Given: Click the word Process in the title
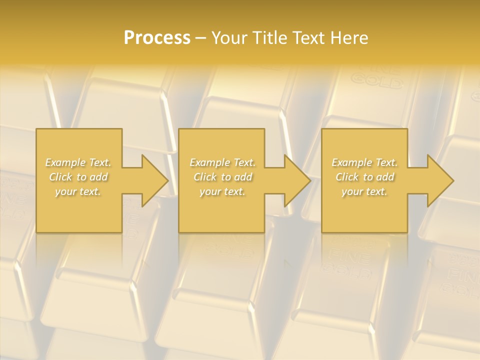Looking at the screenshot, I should click(x=157, y=38).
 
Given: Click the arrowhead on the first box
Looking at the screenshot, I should click(x=152, y=180).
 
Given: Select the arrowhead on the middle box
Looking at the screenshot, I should click(x=295, y=180).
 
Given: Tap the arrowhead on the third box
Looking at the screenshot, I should click(x=438, y=180).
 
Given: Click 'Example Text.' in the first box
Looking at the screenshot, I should click(x=78, y=162).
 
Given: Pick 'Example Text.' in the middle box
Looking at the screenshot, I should click(x=222, y=162).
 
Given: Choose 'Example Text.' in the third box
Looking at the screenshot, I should click(x=364, y=162).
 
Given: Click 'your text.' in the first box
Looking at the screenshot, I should click(x=78, y=191).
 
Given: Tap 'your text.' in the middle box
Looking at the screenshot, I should click(x=222, y=191).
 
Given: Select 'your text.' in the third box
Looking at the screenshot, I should click(x=364, y=191).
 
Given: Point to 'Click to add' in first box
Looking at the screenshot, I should click(x=78, y=177).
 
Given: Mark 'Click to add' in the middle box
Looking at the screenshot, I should click(x=222, y=177).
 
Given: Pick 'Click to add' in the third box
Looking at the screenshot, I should click(x=364, y=177).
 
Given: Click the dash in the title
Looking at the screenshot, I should click(x=200, y=38).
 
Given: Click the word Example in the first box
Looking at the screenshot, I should click(x=65, y=162).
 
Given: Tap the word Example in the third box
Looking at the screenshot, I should click(x=351, y=162).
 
